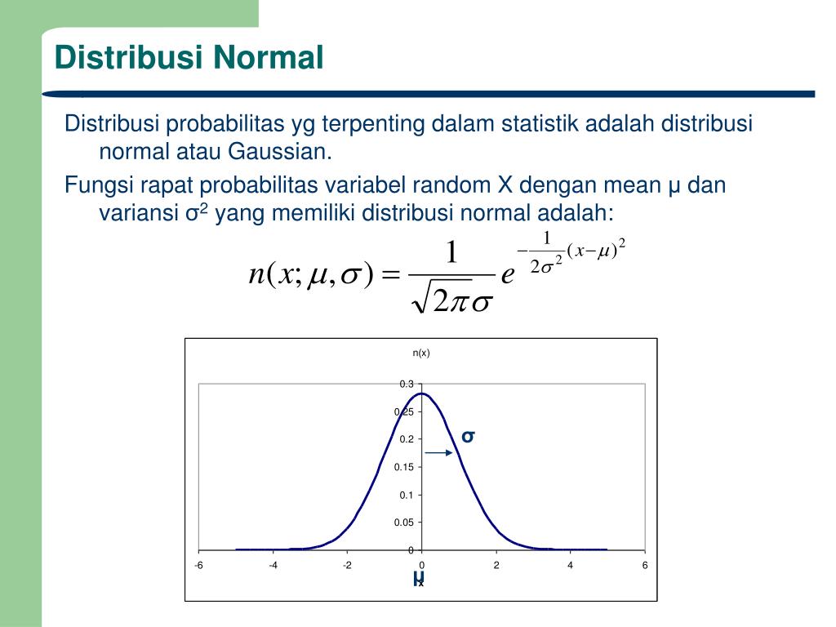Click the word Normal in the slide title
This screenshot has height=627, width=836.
(269, 58)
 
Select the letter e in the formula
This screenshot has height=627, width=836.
(507, 275)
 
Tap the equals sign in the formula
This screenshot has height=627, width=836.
(392, 275)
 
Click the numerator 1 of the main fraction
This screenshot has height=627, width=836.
(451, 251)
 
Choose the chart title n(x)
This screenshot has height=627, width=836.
(421, 353)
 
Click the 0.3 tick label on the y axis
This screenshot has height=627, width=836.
(407, 384)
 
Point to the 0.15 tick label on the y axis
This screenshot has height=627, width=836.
(404, 467)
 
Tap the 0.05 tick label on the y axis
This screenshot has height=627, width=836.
(404, 522)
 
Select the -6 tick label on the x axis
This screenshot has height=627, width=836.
(198, 566)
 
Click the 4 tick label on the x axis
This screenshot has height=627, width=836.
(571, 566)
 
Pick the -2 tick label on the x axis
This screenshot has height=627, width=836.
(347, 566)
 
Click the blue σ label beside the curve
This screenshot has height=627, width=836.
(468, 436)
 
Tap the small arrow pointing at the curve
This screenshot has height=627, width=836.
(439, 452)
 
